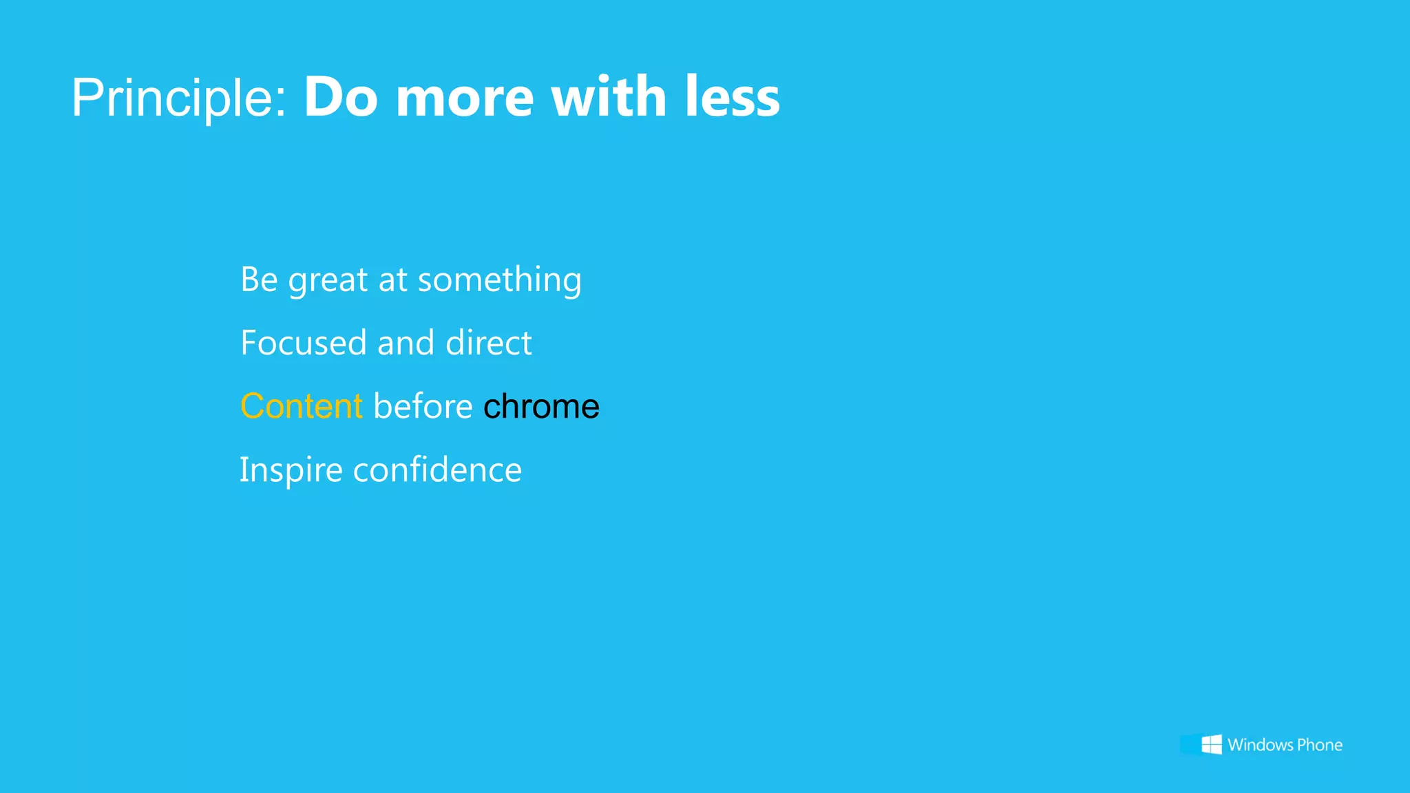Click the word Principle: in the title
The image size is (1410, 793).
click(x=178, y=98)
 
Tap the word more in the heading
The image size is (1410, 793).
click(x=465, y=98)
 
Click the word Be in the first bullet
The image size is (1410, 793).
click(x=259, y=279)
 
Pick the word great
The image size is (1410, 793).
click(x=328, y=281)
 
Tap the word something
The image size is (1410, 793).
click(x=499, y=281)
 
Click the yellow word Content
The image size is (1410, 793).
click(x=301, y=406)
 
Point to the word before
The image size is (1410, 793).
click(x=423, y=406)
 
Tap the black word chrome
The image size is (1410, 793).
click(x=541, y=406)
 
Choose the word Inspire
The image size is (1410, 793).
click(x=291, y=471)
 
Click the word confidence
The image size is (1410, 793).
click(x=437, y=470)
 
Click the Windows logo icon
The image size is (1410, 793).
click(x=1211, y=744)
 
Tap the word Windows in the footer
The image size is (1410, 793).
click(x=1260, y=745)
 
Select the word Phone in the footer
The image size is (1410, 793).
click(x=1319, y=745)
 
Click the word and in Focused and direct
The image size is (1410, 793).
click(x=406, y=343)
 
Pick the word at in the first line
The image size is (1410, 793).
click(x=392, y=281)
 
